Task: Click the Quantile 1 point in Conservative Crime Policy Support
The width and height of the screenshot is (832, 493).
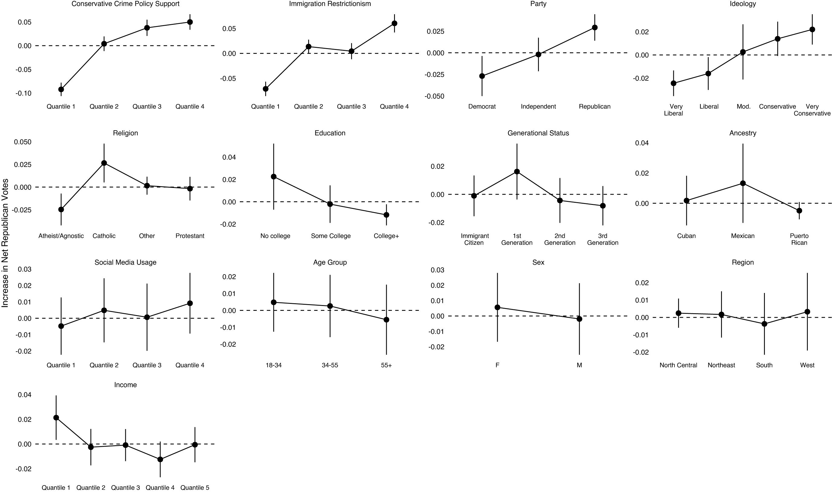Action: (x=61, y=89)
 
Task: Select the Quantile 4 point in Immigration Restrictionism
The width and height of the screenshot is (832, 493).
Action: (x=394, y=23)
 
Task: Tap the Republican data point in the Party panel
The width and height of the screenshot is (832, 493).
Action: (x=595, y=28)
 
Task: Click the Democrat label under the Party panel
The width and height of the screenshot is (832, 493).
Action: (x=482, y=107)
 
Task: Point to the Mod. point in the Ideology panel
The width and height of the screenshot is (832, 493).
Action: (x=743, y=52)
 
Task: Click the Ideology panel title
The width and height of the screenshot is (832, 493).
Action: (x=743, y=4)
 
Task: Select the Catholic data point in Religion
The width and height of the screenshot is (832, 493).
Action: (x=104, y=163)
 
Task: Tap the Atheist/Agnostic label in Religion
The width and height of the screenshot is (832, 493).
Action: (x=61, y=236)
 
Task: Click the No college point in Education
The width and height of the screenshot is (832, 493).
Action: (x=274, y=177)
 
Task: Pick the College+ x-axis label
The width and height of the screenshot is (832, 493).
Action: (x=386, y=236)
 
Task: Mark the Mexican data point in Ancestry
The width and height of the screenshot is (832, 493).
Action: (x=743, y=183)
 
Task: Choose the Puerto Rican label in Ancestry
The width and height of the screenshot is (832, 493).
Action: (x=799, y=239)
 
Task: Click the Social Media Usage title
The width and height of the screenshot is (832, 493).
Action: (x=125, y=262)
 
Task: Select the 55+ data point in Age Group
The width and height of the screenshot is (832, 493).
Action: (x=387, y=320)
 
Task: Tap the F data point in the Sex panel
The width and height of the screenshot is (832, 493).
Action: (x=497, y=307)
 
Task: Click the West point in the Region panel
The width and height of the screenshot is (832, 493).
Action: (x=808, y=312)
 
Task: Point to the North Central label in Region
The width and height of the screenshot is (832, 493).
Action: (x=678, y=365)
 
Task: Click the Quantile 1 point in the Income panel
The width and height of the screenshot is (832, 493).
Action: (x=56, y=418)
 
